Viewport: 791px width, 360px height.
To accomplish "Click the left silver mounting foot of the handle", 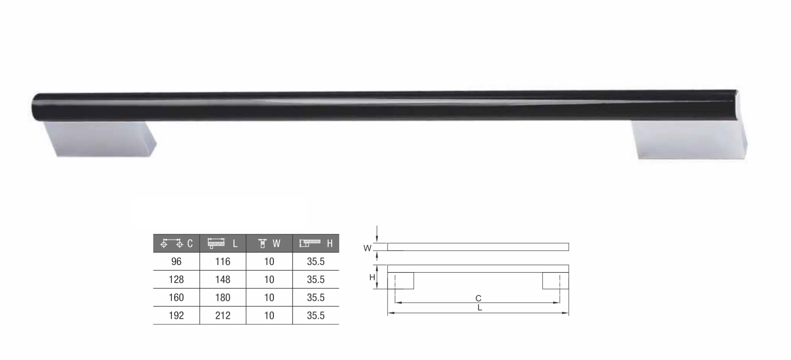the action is coord(101,139).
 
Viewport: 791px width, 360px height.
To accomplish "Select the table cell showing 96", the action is coord(176,261).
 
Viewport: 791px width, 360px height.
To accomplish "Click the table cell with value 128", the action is coord(176,280).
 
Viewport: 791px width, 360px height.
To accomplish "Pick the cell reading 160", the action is coord(176,298).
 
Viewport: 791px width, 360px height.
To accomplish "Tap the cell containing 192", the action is coord(176,316).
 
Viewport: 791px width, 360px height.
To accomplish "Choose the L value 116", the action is coord(223,261).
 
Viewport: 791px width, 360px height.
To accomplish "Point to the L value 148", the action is coord(223,280).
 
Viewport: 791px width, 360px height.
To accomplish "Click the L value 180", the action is coord(223,298).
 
